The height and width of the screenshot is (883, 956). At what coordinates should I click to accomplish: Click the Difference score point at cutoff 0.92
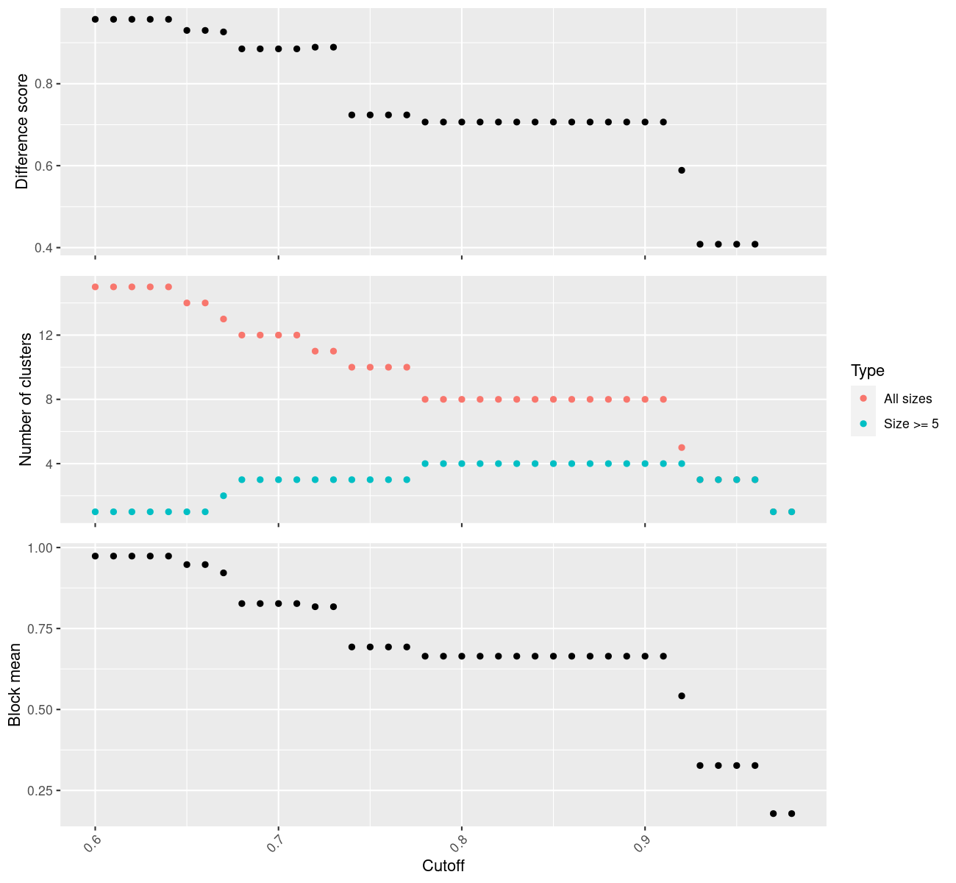pyautogui.click(x=682, y=170)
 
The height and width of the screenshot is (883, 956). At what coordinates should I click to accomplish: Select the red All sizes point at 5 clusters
pyautogui.click(x=682, y=447)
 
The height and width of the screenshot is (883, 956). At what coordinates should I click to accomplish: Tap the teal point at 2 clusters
pyautogui.click(x=224, y=496)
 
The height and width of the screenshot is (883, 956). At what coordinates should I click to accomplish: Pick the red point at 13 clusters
pyautogui.click(x=224, y=319)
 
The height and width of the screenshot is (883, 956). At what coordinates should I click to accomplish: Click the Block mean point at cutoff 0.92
pyautogui.click(x=682, y=696)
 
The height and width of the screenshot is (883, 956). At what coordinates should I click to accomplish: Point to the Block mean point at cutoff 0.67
pyautogui.click(x=224, y=572)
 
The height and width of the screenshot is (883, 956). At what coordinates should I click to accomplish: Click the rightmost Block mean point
pyautogui.click(x=791, y=813)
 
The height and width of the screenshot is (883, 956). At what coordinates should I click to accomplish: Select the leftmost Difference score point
pyautogui.click(x=95, y=19)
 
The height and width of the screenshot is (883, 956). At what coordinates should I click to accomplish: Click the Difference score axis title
pyautogui.click(x=23, y=131)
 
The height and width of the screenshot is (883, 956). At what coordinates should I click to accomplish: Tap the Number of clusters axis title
pyautogui.click(x=26, y=399)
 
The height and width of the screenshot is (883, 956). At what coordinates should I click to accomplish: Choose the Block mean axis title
pyautogui.click(x=15, y=684)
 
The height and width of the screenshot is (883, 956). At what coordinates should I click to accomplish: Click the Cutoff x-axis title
pyautogui.click(x=443, y=865)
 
